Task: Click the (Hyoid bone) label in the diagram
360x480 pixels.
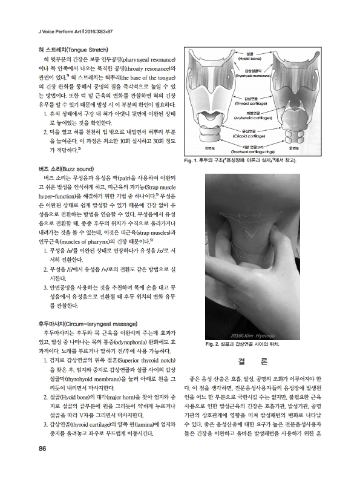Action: (x=250, y=59)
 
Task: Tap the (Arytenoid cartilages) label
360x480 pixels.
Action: (x=250, y=117)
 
